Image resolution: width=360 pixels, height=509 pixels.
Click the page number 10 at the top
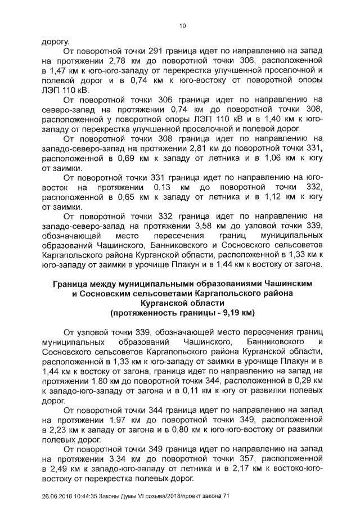[182, 25]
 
